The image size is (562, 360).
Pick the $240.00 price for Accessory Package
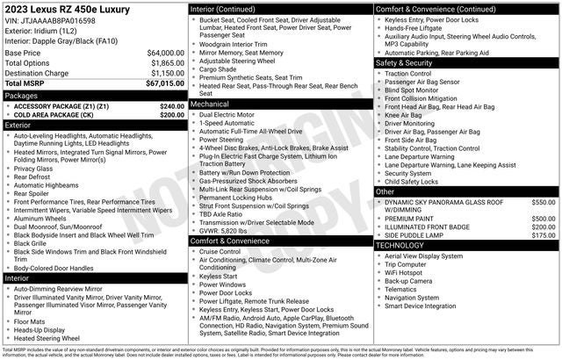pyautogui.click(x=172, y=105)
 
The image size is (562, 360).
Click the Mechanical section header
pyautogui.click(x=211, y=104)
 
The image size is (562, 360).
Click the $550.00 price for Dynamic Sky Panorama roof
pyautogui.click(x=544, y=202)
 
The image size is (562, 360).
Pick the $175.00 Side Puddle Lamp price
pyautogui.click(x=544, y=235)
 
